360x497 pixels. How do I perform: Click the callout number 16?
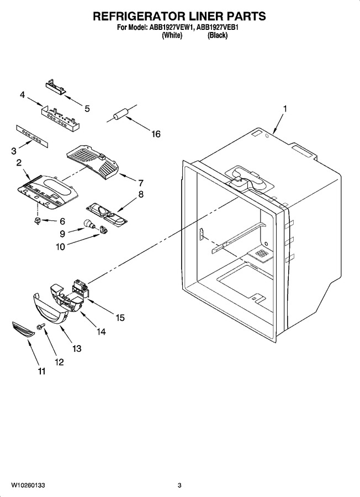156,134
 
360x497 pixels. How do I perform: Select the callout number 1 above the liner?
285,109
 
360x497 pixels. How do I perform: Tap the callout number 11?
41,371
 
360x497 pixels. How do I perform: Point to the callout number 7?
140,183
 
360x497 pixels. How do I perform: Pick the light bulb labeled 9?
89,224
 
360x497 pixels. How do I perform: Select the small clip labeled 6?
38,220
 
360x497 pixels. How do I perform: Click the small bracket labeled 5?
56,87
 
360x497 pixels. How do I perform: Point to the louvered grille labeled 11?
23,329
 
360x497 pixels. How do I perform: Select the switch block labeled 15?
80,288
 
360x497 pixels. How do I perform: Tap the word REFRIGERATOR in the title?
136,16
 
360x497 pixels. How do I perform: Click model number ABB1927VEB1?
218,28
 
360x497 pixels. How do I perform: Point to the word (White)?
172,35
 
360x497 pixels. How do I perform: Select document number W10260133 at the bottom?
28,485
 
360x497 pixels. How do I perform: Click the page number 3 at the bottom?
179,485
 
